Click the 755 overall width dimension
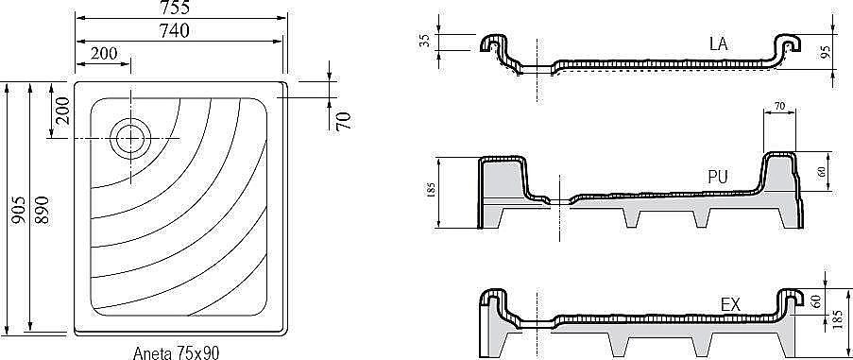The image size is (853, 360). coord(175,7)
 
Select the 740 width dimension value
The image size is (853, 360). coord(174,31)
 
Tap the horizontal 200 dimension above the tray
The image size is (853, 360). coord(104,53)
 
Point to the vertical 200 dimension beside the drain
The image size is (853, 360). coord(61,111)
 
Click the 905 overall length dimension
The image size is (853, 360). coord(18,211)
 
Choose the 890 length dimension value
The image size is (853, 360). coord(42,211)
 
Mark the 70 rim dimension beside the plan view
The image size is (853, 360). coord(343,121)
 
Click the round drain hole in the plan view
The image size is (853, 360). coord(130,139)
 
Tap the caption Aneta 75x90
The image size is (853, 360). coord(176,353)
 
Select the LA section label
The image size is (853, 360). coord(718,44)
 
